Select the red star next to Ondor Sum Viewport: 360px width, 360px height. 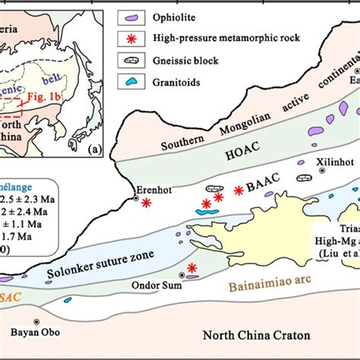(192, 267)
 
